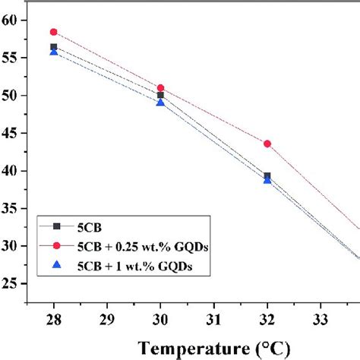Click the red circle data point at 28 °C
[x=53, y=32]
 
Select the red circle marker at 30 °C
[x=160, y=88]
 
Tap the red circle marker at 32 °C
[x=267, y=144]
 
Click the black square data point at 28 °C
[x=53, y=47]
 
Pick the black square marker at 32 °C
[x=267, y=176]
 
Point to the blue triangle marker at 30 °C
[x=160, y=102]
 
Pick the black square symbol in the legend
[x=54, y=226]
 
